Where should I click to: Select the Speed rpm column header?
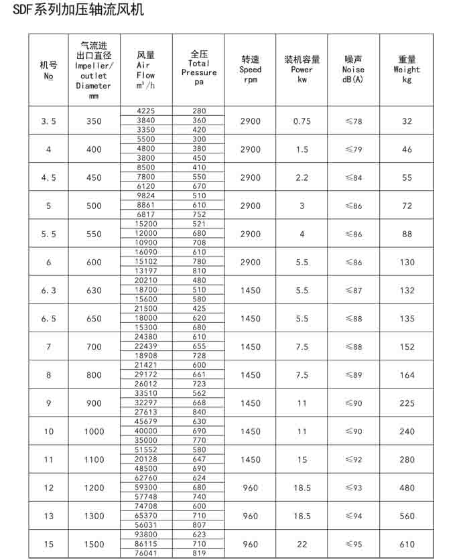click(251, 69)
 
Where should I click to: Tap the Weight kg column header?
click(407, 69)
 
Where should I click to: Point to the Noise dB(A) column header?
click(353, 69)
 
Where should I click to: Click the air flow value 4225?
click(145, 111)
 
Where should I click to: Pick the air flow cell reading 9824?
click(145, 196)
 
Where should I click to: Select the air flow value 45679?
click(145, 421)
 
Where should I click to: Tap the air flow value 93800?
click(145, 535)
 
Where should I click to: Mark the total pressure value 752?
click(198, 214)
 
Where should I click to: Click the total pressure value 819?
click(198, 553)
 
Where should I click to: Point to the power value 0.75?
click(302, 121)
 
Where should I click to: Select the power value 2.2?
click(302, 178)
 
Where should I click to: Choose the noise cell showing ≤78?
click(353, 121)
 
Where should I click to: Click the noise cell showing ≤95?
click(353, 545)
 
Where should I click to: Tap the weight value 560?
click(407, 516)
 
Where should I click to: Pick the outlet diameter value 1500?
click(94, 545)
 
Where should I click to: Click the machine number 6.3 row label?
click(48, 291)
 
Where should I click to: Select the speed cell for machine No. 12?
click(251, 488)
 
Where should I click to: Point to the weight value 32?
click(407, 121)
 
